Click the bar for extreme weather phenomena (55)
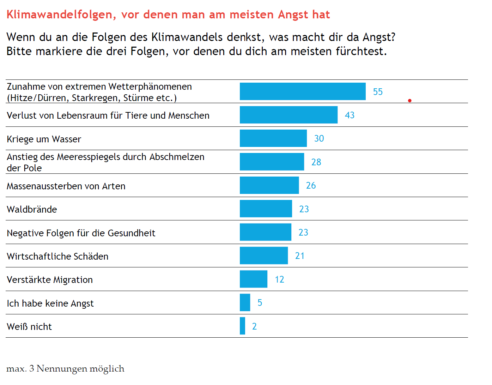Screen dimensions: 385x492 [x=303, y=91]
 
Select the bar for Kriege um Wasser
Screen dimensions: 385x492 [x=273, y=138]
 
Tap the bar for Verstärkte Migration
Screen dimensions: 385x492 [x=253, y=279]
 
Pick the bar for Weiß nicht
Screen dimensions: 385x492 [x=242, y=326]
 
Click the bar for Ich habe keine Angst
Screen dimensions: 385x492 [x=245, y=302]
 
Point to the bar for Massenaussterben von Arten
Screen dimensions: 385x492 [x=269, y=185]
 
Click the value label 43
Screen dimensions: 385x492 [x=350, y=115]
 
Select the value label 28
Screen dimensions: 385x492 [x=316, y=162]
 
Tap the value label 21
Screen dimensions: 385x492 [x=300, y=256]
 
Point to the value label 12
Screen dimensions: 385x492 [x=279, y=279]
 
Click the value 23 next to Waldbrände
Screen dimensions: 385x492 [x=304, y=209]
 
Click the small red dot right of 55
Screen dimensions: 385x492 [x=409, y=101]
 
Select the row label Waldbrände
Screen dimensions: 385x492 [x=32, y=209]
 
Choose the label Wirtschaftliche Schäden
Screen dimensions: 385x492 [x=57, y=256]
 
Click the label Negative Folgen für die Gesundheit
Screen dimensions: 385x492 [x=81, y=233]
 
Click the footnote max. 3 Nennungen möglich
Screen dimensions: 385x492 [x=65, y=369]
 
